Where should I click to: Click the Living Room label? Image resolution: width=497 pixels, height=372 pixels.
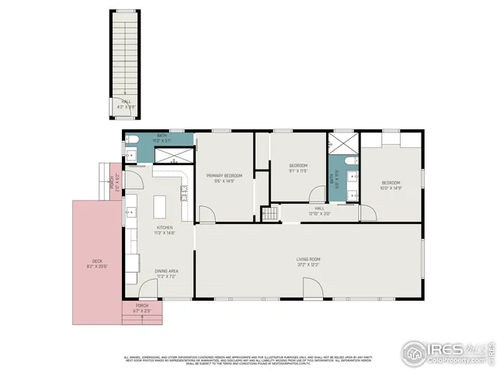(x=308, y=259)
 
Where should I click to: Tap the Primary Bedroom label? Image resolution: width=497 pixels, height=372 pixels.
(x=224, y=176)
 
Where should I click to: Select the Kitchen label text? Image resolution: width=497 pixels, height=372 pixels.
(x=165, y=226)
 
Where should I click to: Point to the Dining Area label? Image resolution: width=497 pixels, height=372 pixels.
(x=168, y=270)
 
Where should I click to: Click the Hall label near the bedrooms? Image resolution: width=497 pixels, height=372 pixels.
(x=319, y=208)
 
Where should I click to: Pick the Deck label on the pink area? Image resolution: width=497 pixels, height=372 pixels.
(x=97, y=261)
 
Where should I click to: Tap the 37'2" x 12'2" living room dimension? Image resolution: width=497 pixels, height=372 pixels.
(x=308, y=265)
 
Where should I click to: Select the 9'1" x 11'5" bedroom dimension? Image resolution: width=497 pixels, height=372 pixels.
(x=299, y=171)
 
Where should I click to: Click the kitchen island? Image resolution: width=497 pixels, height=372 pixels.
(x=161, y=206)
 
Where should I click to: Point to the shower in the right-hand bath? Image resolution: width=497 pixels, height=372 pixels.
(x=340, y=144)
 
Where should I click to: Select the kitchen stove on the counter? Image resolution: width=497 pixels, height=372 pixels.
(x=184, y=192)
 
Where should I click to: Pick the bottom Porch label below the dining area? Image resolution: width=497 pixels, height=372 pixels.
(x=142, y=305)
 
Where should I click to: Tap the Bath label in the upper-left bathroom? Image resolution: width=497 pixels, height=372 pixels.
(x=162, y=136)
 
